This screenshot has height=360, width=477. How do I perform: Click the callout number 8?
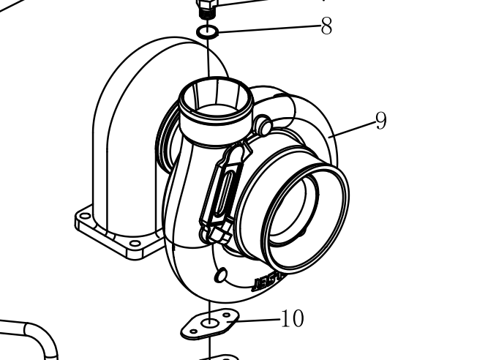pos(326,27)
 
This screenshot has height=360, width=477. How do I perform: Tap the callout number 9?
pos(380,121)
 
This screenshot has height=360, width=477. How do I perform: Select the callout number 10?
pos(292,319)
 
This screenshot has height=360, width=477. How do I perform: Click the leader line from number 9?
pos(352,130)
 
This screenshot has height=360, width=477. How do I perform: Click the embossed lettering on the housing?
pos(268,282)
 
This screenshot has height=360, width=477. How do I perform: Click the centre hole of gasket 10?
pos(211,322)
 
